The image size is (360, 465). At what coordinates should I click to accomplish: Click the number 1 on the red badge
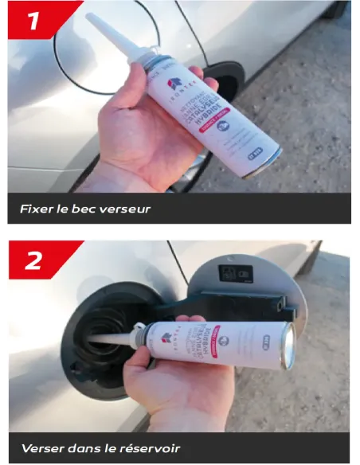pyautogui.click(x=34, y=21)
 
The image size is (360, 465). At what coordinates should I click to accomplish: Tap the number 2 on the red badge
pyautogui.click(x=35, y=260)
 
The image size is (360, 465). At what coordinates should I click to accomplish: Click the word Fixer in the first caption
pyautogui.click(x=37, y=210)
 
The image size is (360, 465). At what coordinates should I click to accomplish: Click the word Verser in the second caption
pyautogui.click(x=41, y=447)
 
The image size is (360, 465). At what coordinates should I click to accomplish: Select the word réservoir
pyautogui.click(x=148, y=447)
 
